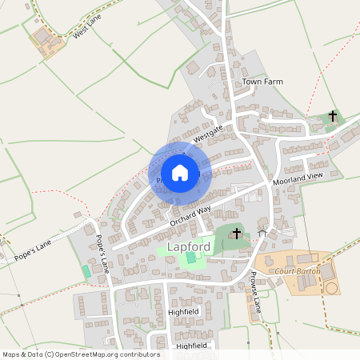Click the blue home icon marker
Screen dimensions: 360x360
(x=180, y=173)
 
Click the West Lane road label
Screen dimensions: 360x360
(x=89, y=31)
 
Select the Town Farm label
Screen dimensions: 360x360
(x=262, y=82)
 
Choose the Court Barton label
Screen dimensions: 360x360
(x=297, y=271)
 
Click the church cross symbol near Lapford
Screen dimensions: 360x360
(x=236, y=234)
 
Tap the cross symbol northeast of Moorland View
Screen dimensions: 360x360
(x=333, y=116)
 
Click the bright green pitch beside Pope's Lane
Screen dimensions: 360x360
(x=86, y=271)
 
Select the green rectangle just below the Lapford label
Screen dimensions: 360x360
(x=190, y=258)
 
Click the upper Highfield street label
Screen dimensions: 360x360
(x=182, y=311)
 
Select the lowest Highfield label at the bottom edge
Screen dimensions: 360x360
(x=191, y=346)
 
